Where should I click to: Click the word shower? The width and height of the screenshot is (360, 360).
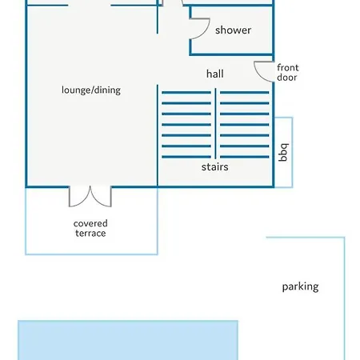(233, 30)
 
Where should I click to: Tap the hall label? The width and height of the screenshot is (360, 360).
(215, 74)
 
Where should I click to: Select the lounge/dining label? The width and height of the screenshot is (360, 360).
(91, 90)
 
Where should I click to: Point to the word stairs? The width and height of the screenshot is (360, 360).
(215, 167)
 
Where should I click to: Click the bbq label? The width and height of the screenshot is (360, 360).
(284, 152)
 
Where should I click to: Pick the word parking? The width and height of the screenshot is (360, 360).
(300, 287)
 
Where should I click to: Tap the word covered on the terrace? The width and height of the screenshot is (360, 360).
(90, 223)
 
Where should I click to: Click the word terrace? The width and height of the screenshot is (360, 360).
(90, 234)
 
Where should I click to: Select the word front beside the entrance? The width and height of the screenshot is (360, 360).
(288, 67)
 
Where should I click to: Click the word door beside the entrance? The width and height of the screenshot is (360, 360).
(287, 78)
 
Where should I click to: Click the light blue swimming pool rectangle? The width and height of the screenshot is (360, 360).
(128, 340)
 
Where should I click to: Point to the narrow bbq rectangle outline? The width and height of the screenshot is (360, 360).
(293, 152)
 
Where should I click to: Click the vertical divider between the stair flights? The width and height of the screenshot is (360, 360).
(215, 123)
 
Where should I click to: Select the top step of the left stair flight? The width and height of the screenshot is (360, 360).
(186, 93)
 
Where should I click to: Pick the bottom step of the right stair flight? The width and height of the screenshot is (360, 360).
(244, 157)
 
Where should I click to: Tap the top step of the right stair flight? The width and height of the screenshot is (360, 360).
(244, 93)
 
